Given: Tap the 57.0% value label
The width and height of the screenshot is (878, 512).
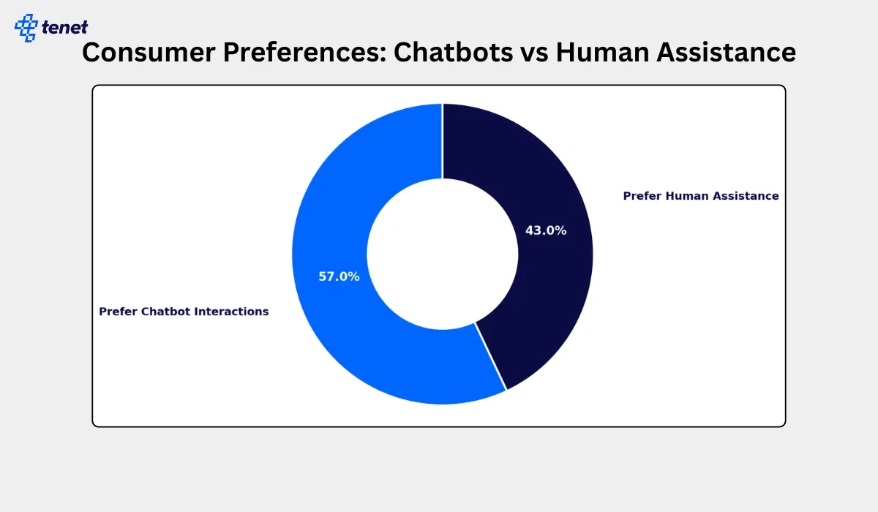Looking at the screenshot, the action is coord(339,276).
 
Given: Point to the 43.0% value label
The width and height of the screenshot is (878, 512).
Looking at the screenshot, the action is coord(546,230).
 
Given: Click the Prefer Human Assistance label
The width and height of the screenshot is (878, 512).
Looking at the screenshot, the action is coord(701,196).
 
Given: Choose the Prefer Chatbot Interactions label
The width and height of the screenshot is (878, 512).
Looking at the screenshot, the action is coord(184,312).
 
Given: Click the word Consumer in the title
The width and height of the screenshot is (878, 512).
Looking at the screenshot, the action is coord(149,52).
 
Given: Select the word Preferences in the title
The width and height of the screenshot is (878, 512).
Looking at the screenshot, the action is coord(305,52).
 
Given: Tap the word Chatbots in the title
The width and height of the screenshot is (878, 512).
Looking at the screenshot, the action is coord(453,52).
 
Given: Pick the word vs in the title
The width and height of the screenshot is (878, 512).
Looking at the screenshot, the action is coord(534,55).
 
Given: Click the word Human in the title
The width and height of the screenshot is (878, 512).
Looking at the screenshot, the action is coord(602,52).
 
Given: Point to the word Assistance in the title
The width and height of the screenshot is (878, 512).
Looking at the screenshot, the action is coord(727,52).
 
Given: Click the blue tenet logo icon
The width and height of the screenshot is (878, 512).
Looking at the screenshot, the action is coord(26,28).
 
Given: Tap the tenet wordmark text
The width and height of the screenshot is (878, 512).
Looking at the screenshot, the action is coord(64,27).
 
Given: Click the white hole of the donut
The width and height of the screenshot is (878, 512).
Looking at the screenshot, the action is coord(443,254).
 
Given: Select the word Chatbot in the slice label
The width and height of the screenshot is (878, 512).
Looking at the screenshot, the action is coord(166,312).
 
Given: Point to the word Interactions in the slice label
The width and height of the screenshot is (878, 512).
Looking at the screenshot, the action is coord(232,312).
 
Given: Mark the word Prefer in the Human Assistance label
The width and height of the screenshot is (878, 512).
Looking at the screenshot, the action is coord(642,196).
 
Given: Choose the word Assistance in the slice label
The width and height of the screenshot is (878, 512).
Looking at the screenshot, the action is coord(746,196).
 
